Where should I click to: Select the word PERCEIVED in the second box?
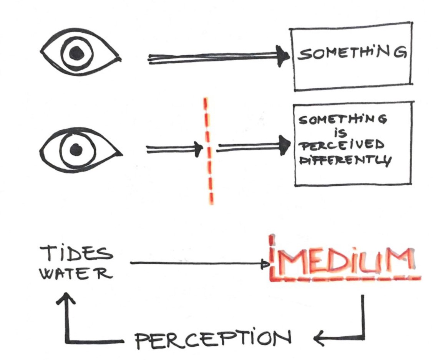(340, 146)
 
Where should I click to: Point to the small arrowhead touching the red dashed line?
(198, 149)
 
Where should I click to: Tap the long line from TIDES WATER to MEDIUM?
(196, 263)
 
